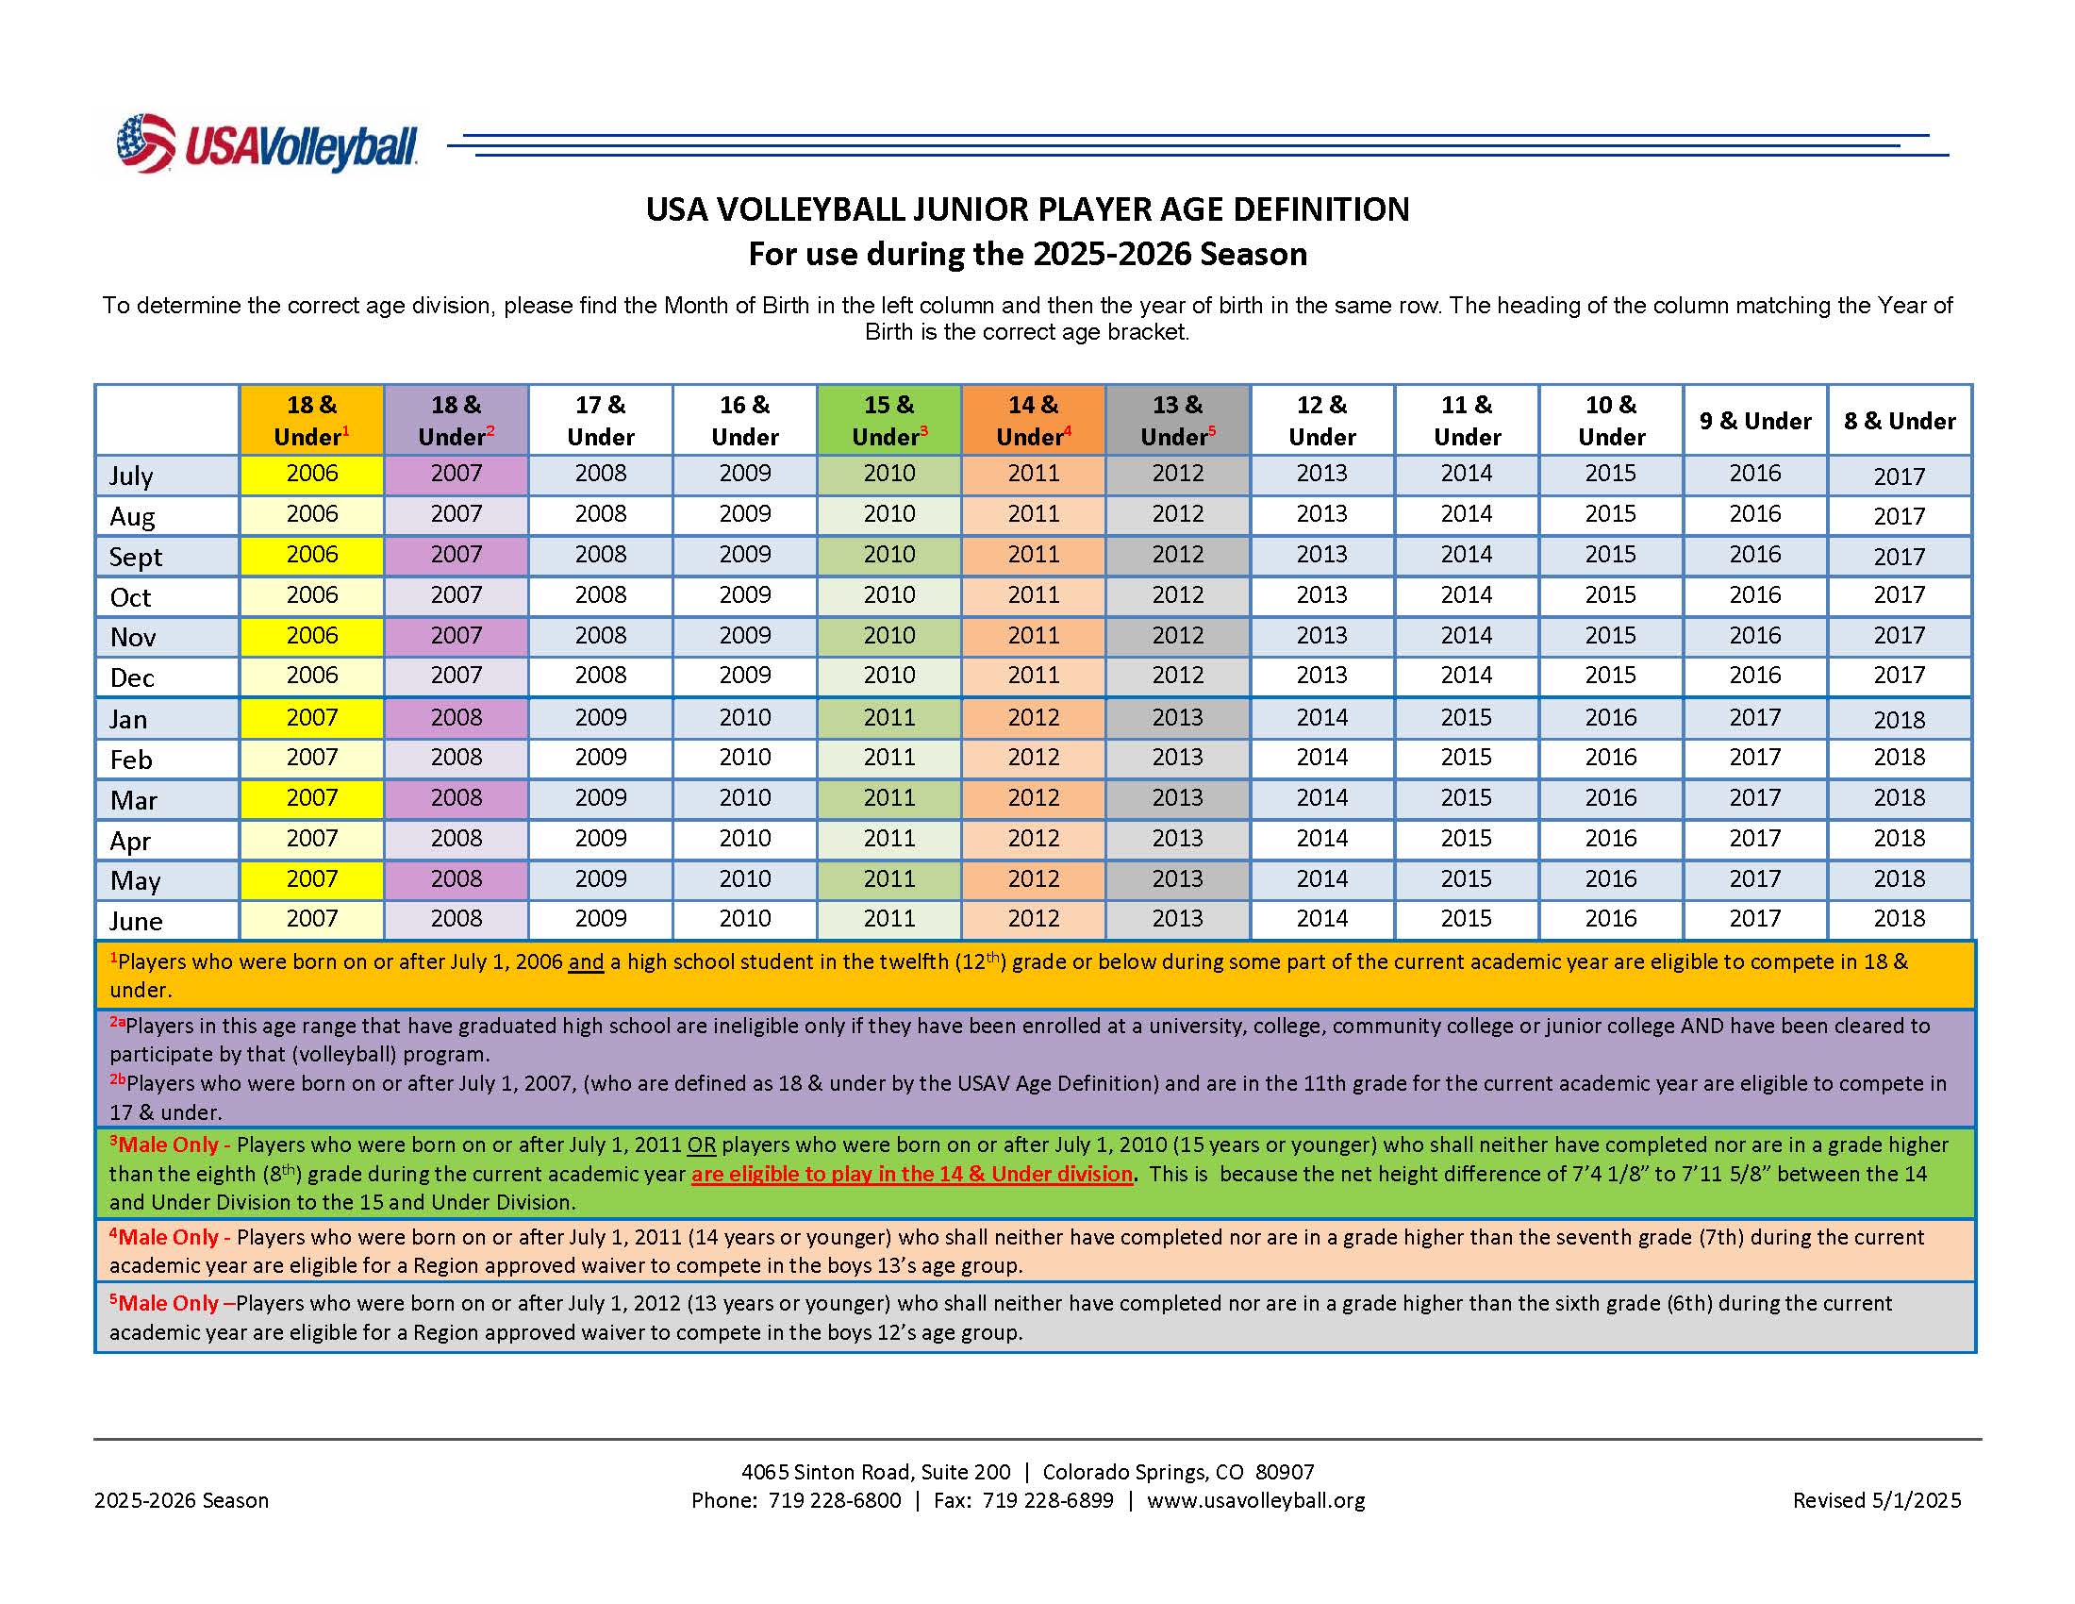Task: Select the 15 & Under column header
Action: (x=889, y=421)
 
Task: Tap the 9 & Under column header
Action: (x=1755, y=421)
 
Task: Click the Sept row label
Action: (x=136, y=557)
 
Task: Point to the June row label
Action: (x=136, y=921)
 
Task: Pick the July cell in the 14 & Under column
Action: (x=1033, y=474)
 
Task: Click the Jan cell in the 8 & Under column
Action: (x=1899, y=719)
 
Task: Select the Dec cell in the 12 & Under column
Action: (x=1321, y=676)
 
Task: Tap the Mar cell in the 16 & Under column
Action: (x=745, y=798)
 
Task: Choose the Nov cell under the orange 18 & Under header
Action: (x=311, y=636)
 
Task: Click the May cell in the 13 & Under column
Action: (x=1177, y=879)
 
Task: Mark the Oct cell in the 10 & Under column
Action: (x=1610, y=595)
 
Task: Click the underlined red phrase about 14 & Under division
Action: (x=912, y=1174)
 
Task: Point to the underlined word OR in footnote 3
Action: (x=701, y=1145)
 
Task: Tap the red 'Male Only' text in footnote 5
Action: (x=168, y=1303)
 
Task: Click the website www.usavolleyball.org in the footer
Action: (x=1255, y=1500)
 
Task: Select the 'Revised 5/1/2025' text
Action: (x=1876, y=1500)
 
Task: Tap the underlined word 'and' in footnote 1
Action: (x=587, y=961)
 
